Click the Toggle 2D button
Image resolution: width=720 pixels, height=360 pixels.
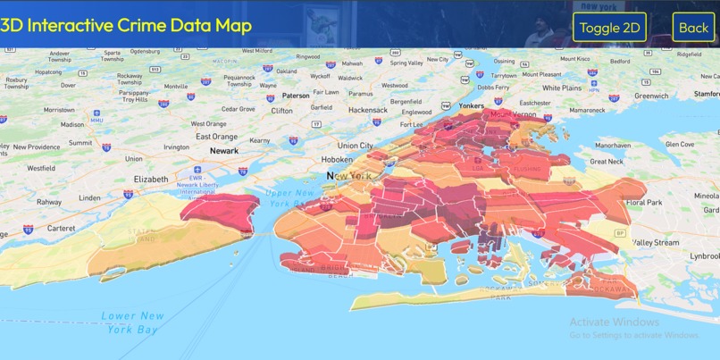point(610,28)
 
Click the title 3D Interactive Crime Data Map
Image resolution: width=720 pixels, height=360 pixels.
point(126,25)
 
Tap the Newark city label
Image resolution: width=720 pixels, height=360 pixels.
point(223,151)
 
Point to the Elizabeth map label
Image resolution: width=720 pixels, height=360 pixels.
point(150,179)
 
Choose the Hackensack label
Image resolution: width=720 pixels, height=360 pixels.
point(368,110)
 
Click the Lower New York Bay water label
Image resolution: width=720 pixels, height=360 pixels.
point(132,322)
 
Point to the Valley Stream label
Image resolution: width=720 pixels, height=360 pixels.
point(656,242)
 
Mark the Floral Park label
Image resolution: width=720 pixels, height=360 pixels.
point(643,203)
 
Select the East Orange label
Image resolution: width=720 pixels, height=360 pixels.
point(216,136)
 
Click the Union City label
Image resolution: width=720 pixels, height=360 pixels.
point(355,145)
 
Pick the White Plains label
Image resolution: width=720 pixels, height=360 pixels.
point(562,88)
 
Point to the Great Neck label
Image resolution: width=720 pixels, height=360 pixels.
point(605,162)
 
